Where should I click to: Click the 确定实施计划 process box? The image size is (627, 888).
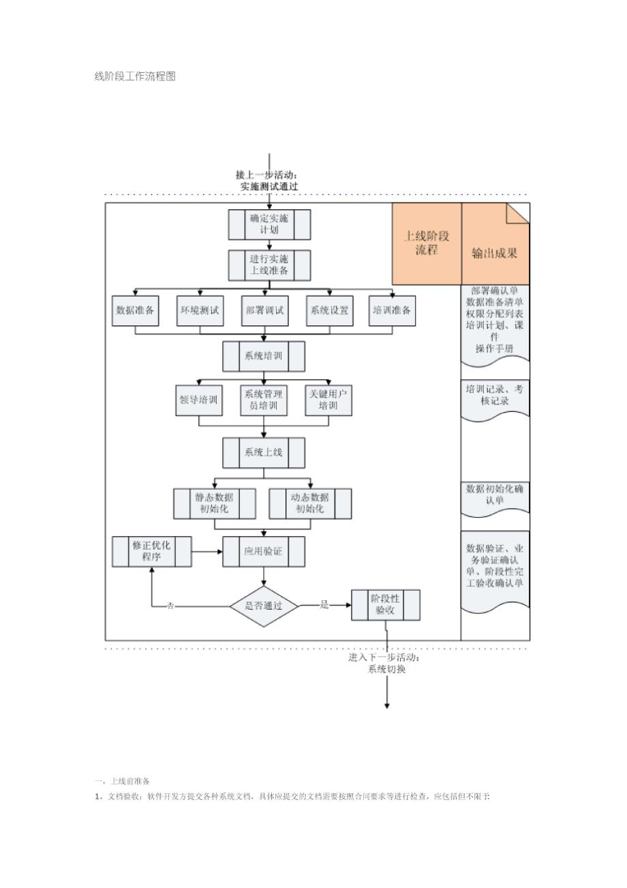[269, 224]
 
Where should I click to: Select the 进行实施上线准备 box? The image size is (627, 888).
[269, 265]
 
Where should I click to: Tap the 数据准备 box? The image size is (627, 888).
[136, 310]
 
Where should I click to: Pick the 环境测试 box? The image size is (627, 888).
[200, 310]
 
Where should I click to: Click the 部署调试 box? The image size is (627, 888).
[264, 310]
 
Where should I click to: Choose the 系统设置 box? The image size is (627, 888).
[329, 310]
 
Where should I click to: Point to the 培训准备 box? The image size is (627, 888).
[392, 310]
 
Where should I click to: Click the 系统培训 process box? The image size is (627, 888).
[264, 356]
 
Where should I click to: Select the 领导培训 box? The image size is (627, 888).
[199, 400]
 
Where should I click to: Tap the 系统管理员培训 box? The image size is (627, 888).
[264, 400]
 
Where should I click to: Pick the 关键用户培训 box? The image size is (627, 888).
[328, 400]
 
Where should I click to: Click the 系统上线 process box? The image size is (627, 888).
[264, 453]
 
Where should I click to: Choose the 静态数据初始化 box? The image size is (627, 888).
[215, 503]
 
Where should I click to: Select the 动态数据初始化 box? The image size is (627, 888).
[310, 503]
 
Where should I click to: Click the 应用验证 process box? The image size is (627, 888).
[264, 551]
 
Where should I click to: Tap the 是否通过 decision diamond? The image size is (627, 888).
[264, 606]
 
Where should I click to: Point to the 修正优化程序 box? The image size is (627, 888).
[151, 551]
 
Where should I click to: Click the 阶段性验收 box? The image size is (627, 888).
[386, 604]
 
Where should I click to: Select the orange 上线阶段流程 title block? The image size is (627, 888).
[427, 243]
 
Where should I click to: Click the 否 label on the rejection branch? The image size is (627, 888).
[170, 606]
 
